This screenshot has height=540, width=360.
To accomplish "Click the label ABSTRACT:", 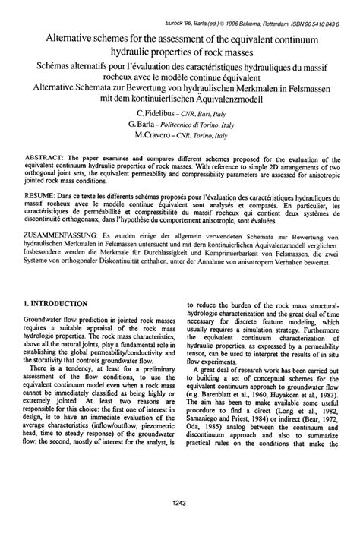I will (x=36, y=156).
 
